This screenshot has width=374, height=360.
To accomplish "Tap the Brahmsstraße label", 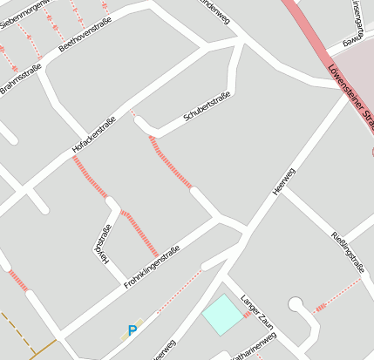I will coord(19,77).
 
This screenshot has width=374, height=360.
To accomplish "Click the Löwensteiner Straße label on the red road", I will coord(350,93).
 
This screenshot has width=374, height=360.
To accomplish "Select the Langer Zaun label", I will coord(258,309).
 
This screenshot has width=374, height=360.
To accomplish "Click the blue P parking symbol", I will coord(133,331).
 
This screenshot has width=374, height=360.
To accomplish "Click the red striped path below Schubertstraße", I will coord(171,162).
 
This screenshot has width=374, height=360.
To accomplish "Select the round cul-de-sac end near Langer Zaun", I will coord(297,305).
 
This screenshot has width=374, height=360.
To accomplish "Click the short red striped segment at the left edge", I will coord(17,281).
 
